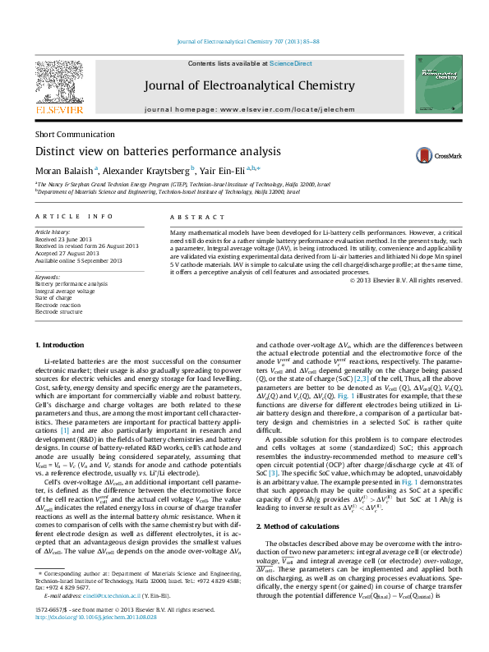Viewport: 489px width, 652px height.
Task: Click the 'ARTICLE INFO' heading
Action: click(x=74, y=216)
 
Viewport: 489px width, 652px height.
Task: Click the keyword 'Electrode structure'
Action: click(x=58, y=312)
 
